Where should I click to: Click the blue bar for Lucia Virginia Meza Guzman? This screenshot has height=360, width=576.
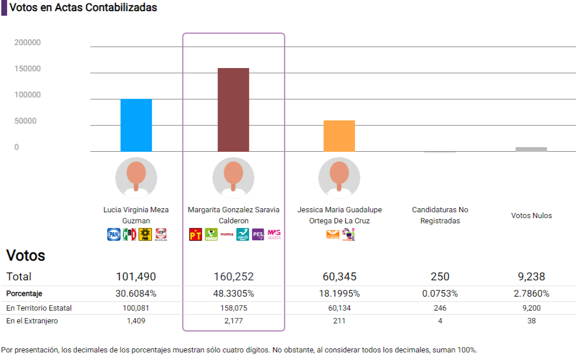click(136, 125)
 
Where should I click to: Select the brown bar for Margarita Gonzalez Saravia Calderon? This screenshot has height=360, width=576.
click(233, 110)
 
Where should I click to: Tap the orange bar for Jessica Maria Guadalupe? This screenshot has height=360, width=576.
click(339, 136)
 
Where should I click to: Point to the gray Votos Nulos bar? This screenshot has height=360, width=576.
click(531, 149)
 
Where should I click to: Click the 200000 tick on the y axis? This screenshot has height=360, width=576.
click(27, 42)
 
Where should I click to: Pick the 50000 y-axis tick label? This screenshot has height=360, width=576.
click(25, 121)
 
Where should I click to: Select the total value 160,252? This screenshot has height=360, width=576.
click(233, 277)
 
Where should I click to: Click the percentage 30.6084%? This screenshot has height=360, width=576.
click(136, 294)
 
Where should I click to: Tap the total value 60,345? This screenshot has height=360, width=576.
click(340, 277)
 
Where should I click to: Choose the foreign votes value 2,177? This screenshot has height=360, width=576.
click(233, 321)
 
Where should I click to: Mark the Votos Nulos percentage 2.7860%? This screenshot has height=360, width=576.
click(531, 294)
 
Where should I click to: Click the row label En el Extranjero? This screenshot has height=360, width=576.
click(32, 321)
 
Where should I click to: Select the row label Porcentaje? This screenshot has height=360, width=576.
click(24, 294)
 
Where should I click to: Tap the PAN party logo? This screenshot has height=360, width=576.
click(114, 234)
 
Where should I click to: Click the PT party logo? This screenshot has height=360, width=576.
click(195, 234)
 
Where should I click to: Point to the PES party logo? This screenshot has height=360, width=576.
click(258, 234)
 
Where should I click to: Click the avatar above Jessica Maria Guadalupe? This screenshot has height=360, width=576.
click(339, 177)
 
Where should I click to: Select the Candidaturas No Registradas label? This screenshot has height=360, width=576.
click(440, 215)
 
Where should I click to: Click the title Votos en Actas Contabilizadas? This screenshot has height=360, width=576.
click(83, 8)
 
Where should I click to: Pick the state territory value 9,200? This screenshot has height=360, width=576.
click(531, 308)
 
